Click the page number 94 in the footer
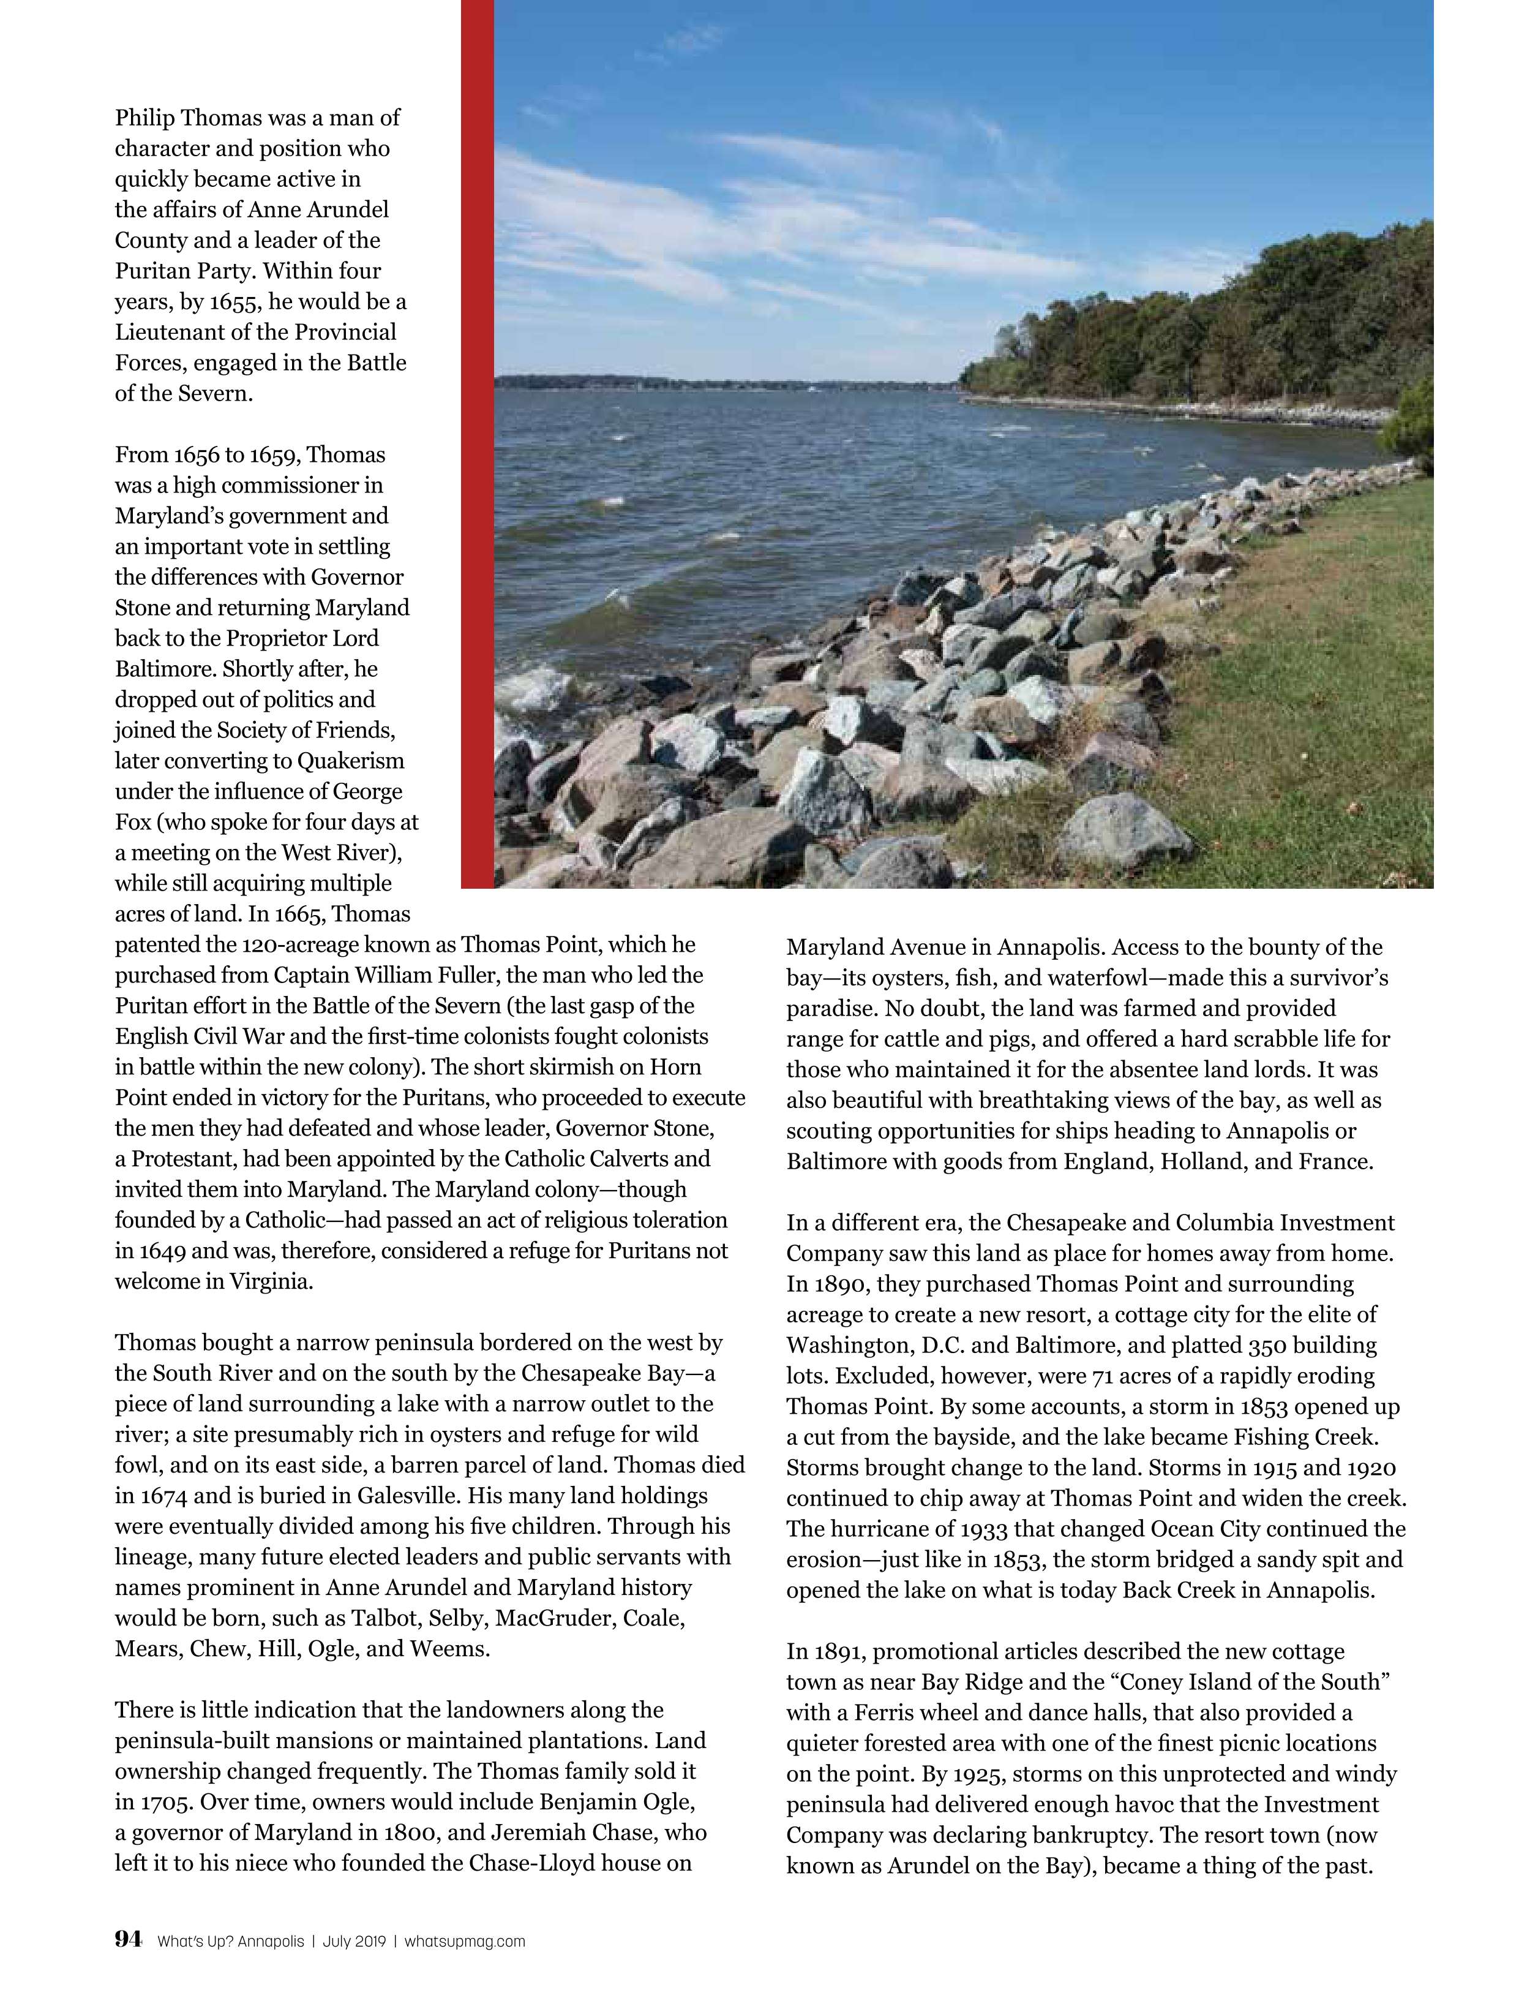128,1940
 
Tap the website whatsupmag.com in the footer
465,1941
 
